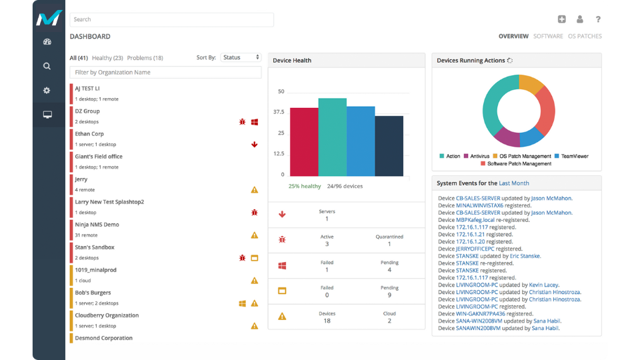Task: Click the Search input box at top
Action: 171,20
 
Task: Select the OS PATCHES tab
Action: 585,37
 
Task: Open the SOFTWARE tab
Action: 548,37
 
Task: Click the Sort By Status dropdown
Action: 241,58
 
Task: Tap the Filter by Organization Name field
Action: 165,72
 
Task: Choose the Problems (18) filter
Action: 145,58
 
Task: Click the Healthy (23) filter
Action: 107,58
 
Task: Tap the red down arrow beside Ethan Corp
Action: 254,145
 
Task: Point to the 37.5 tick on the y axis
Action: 279,112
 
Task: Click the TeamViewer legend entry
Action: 575,156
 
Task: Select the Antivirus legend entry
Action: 479,156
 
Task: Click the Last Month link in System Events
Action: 514,183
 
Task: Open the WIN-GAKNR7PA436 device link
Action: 480,313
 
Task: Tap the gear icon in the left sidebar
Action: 47,91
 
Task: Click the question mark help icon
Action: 598,20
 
